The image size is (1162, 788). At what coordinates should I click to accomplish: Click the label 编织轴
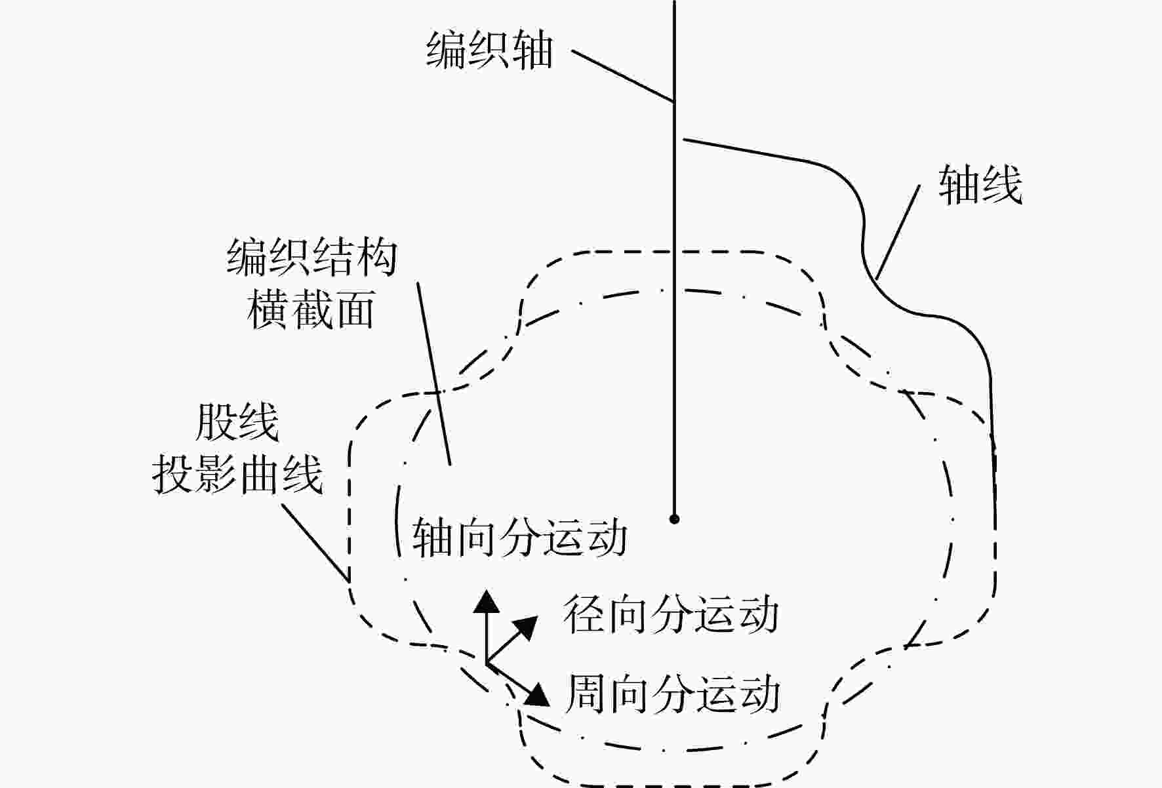(x=489, y=49)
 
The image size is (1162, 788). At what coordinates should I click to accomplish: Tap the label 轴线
(x=980, y=185)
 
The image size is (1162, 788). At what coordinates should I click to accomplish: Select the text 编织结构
(x=312, y=257)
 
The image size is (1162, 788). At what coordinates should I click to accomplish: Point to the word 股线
(x=237, y=423)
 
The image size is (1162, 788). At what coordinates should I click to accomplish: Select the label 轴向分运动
(x=519, y=538)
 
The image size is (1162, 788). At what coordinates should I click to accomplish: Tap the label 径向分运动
(x=671, y=614)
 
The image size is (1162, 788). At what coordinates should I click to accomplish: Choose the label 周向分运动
(x=672, y=694)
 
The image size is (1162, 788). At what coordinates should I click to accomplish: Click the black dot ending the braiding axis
(x=674, y=519)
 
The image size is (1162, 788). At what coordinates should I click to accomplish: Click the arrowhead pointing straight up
(x=486, y=601)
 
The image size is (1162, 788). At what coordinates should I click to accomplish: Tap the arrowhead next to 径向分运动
(x=525, y=627)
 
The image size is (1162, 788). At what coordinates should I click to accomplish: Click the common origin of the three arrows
(x=487, y=663)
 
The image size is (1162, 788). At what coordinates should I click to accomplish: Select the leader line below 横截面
(x=434, y=374)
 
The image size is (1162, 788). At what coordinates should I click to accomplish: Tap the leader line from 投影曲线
(x=315, y=542)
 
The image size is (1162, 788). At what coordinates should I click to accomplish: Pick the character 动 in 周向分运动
(x=760, y=694)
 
